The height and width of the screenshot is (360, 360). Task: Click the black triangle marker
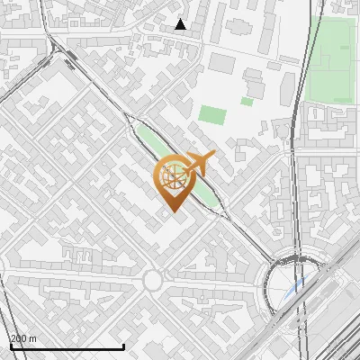pos(181,24)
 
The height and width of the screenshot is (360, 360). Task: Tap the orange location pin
pos(173,180)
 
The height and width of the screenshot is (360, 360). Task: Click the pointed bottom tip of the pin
pos(173,211)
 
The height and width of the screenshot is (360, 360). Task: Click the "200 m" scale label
pos(23,338)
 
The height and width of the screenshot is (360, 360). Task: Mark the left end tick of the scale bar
pos(10,346)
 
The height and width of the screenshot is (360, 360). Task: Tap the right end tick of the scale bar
pos(123,346)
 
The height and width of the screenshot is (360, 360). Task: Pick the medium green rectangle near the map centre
pos(213,115)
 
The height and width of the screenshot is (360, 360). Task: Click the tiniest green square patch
pos(247,102)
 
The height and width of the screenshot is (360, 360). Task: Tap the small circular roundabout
pos(152,282)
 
